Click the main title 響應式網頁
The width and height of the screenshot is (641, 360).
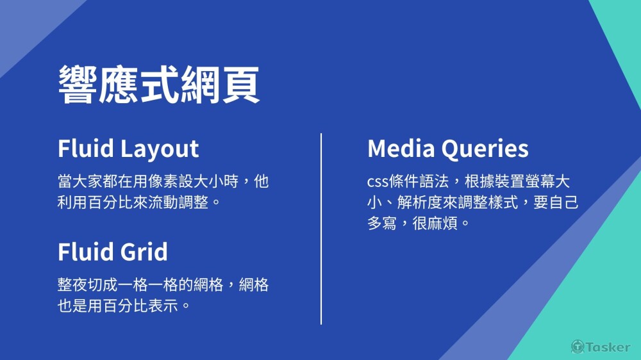pyautogui.click(x=159, y=85)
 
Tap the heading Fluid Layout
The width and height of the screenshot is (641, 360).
pyautogui.click(x=128, y=149)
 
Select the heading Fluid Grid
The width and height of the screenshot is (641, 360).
pyautogui.click(x=113, y=251)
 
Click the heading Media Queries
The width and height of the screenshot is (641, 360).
pyautogui.click(x=448, y=149)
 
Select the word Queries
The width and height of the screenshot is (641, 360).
pyautogui.click(x=485, y=149)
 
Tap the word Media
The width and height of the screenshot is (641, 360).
pyautogui.click(x=401, y=148)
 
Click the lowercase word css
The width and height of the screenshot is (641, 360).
pyautogui.click(x=378, y=182)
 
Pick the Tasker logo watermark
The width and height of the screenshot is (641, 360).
pyautogui.click(x=601, y=347)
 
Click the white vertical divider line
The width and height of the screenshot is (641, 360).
pyautogui.click(x=321, y=229)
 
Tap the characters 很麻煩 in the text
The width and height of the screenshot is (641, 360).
pyautogui.click(x=435, y=224)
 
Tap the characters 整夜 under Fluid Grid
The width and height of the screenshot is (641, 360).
pyautogui.click(x=72, y=284)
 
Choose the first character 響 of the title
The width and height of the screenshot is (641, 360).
pyautogui.click(x=78, y=85)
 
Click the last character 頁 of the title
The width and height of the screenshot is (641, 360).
pyautogui.click(x=241, y=85)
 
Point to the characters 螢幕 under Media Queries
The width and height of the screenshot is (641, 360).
pyautogui.click(x=540, y=181)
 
